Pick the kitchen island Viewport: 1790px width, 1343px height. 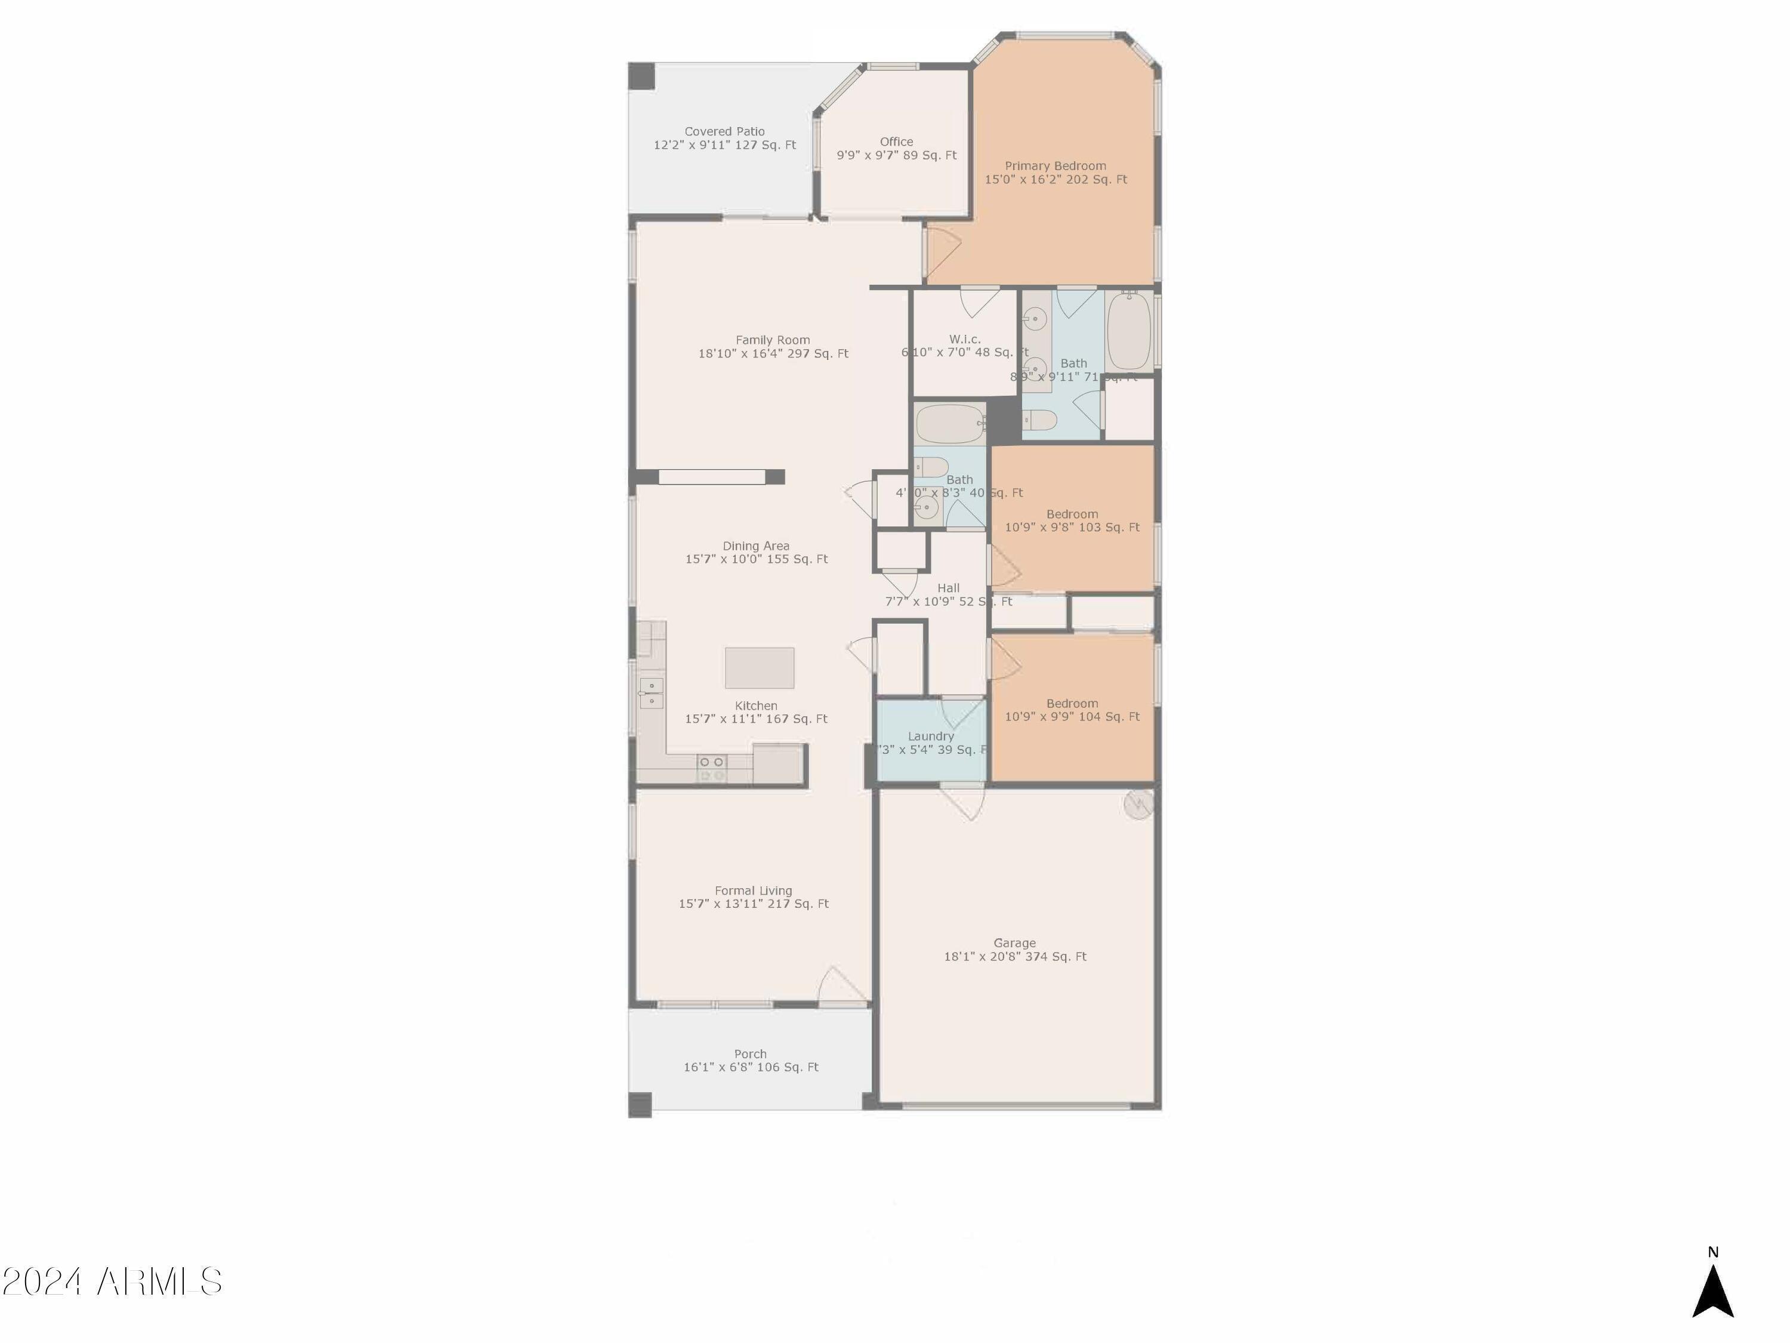pos(759,668)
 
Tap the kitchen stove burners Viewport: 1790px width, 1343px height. pos(712,769)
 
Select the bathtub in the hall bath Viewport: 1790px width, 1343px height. pos(949,423)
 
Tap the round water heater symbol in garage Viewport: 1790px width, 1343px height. pos(1138,805)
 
